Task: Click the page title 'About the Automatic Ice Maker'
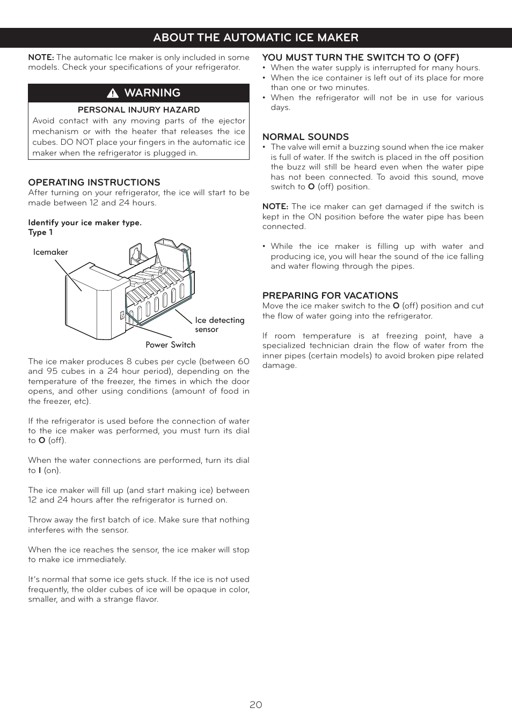click(x=255, y=38)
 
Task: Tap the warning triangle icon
click(x=113, y=93)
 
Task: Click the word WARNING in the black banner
click(x=152, y=93)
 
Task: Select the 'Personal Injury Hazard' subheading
click(x=138, y=109)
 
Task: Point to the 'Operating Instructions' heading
click(x=94, y=182)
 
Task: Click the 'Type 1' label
click(x=40, y=232)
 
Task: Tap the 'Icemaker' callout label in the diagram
click(x=50, y=252)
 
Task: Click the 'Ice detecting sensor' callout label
click(x=219, y=324)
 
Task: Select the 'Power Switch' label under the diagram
click(x=170, y=345)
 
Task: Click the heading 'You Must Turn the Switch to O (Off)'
click(x=361, y=57)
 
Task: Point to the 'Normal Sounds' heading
click(x=305, y=137)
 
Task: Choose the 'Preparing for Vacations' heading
click(x=330, y=296)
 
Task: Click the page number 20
click(x=255, y=704)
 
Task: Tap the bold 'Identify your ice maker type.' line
click(x=85, y=223)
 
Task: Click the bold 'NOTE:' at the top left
click(x=41, y=57)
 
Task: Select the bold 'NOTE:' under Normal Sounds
click(x=275, y=206)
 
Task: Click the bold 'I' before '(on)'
click(x=40, y=470)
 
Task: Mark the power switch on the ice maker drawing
click(x=122, y=315)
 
